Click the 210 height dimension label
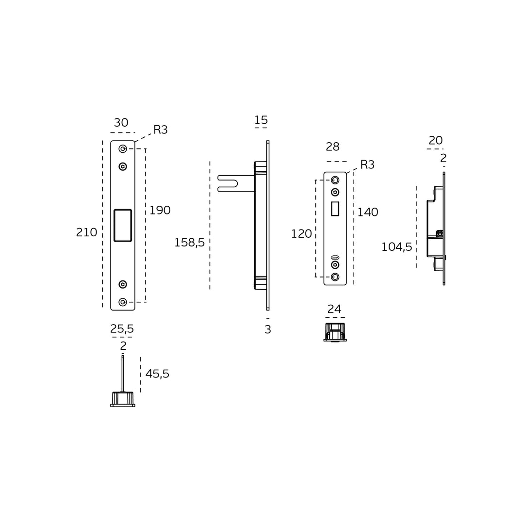coord(86,232)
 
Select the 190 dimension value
coord(160,210)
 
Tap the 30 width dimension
coord(121,123)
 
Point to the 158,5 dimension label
coord(190,242)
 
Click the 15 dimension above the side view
coord(261,120)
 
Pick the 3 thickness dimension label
coord(268,329)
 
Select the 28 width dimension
coord(332,147)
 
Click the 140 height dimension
coord(368,212)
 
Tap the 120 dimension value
coord(301,234)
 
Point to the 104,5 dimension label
coord(397,247)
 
